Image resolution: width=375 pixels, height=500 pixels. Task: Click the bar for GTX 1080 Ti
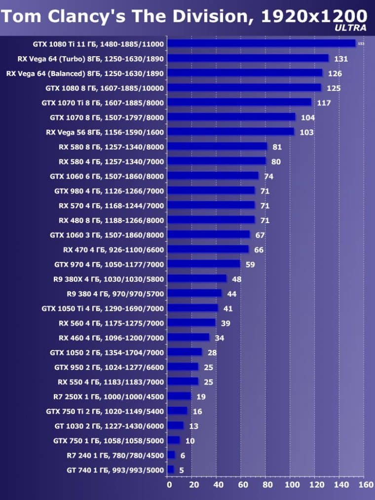pos(262,43)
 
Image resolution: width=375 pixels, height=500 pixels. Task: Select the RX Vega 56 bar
pos(230,132)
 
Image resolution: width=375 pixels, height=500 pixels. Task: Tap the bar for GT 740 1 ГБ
pos(171,469)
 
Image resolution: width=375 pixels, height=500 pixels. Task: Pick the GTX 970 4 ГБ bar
pos(204,264)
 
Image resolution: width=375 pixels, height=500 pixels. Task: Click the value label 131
pos(341,59)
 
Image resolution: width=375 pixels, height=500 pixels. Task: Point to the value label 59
pos(250,265)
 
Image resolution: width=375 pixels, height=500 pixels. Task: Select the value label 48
pos(237,279)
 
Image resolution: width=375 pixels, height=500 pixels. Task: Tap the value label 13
pos(193,425)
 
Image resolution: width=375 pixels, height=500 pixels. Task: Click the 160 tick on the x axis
pos(365,485)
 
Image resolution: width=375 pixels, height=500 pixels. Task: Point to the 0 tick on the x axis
pos(169,485)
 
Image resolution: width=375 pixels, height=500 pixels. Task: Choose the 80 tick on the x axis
pos(266,485)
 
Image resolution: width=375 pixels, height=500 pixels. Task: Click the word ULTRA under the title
pos(350,28)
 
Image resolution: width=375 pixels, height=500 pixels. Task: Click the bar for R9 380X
pos(197,279)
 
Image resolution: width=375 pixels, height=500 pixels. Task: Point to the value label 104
pos(308,117)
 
